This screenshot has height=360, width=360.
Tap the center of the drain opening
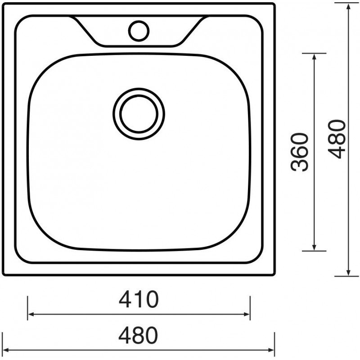139,114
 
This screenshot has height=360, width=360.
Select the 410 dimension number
139,299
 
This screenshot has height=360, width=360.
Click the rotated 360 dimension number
299,152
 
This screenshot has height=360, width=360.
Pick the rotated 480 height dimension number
337,139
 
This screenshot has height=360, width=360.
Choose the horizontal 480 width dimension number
138,335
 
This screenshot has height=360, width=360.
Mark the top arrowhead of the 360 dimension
314,57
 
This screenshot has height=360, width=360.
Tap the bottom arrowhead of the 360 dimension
314,247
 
